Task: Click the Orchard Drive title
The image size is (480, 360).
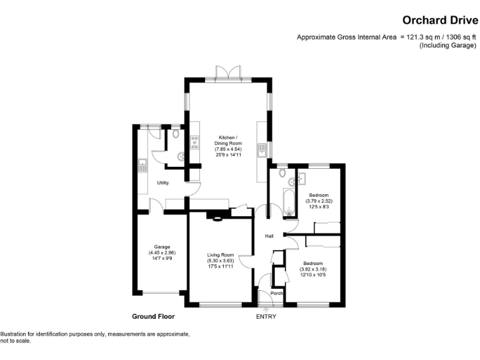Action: pos(440,20)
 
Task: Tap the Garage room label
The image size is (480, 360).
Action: pos(162,247)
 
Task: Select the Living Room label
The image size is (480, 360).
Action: pos(221,255)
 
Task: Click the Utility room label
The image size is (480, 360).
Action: pos(163,183)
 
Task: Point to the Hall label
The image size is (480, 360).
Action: pos(269,236)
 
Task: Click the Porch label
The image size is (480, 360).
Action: pos(276,293)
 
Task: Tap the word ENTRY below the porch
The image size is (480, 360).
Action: pos(266,317)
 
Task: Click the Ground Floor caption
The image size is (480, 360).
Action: pos(153,316)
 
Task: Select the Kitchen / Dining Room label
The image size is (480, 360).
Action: pos(228,141)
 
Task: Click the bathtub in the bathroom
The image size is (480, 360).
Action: pos(289,202)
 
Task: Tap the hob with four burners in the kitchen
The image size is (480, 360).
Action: pos(195,142)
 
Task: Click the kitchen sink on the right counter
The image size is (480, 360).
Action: pos(262,150)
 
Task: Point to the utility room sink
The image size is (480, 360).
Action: pos(142,166)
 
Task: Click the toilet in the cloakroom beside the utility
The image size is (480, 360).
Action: pos(176,134)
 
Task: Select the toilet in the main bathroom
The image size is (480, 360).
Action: pos(282,172)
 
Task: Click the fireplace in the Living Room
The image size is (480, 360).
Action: pos(217,219)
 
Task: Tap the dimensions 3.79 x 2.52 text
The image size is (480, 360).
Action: pos(319,201)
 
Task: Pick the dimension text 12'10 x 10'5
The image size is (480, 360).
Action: pos(313,275)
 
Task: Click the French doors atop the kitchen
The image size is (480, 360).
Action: pos(228,73)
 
